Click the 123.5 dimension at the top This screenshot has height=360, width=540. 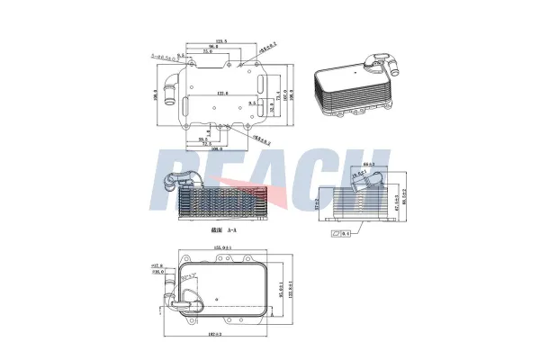[219, 40]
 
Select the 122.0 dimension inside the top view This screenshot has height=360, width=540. [220, 93]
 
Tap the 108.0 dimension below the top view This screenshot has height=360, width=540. [216, 148]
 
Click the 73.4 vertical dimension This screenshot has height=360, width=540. [276, 94]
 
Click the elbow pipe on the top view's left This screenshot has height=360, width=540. [167, 93]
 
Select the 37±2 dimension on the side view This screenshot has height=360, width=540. [319, 205]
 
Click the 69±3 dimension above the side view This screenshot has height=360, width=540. [368, 164]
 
